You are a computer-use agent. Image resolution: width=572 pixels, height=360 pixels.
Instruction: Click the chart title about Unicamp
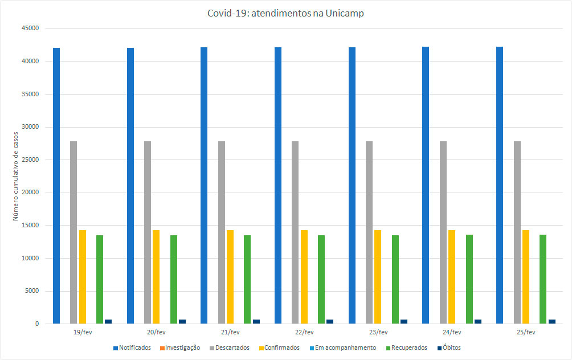click(x=285, y=14)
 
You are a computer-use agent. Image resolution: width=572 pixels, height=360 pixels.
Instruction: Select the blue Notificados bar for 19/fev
click(x=56, y=186)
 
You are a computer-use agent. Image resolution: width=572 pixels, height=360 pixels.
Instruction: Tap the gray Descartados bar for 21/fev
click(x=221, y=232)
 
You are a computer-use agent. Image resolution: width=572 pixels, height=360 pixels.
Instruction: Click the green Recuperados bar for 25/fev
click(x=543, y=279)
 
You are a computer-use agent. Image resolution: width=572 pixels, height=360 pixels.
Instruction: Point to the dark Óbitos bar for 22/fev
click(x=330, y=321)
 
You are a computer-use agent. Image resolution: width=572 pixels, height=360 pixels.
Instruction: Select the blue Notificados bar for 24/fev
click(x=426, y=185)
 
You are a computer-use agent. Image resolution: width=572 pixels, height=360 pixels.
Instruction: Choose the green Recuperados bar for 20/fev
click(x=174, y=279)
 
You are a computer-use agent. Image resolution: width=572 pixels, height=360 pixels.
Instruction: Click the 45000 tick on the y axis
click(x=28, y=28)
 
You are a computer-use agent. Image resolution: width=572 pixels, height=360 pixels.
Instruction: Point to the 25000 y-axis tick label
click(x=28, y=159)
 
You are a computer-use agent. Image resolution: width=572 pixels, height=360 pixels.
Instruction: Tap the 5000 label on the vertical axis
click(x=30, y=291)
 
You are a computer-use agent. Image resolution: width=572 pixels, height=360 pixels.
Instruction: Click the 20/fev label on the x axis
click(x=156, y=332)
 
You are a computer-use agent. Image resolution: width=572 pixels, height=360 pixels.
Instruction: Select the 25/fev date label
click(x=525, y=332)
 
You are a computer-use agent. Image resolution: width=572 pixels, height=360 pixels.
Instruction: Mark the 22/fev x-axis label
click(x=304, y=332)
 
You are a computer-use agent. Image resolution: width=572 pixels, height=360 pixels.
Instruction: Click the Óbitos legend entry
click(x=451, y=347)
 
